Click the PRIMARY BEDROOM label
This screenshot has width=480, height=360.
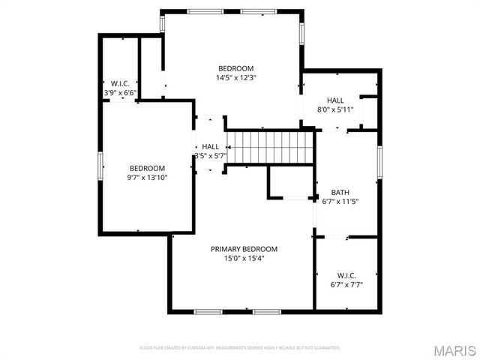pyautogui.click(x=244, y=249)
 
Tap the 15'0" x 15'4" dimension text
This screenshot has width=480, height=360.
pyautogui.click(x=244, y=258)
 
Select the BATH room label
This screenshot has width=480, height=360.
pyautogui.click(x=340, y=192)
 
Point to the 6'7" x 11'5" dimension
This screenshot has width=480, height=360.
pyautogui.click(x=340, y=201)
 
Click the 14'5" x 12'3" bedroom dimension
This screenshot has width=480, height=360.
pyautogui.click(x=236, y=77)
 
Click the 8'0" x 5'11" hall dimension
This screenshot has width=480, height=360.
pyautogui.click(x=334, y=109)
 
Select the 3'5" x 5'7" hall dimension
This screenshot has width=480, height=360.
pyautogui.click(x=211, y=156)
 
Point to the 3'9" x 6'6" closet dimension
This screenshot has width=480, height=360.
pyautogui.click(x=121, y=92)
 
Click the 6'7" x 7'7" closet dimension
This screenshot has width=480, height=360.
pyautogui.click(x=346, y=284)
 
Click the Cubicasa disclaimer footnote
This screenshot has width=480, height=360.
pyautogui.click(x=240, y=348)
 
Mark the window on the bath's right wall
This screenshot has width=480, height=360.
pyautogui.click(x=380, y=164)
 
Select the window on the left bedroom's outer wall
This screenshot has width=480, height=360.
pyautogui.click(x=100, y=166)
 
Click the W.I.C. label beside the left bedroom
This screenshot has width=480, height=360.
pyautogui.click(x=121, y=83)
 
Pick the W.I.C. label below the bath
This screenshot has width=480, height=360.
pyautogui.click(x=346, y=275)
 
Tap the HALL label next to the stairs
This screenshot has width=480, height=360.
pyautogui.click(x=211, y=147)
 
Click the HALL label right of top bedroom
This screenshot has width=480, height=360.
pyautogui.click(x=334, y=100)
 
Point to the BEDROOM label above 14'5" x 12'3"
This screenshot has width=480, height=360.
pyautogui.click(x=236, y=68)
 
